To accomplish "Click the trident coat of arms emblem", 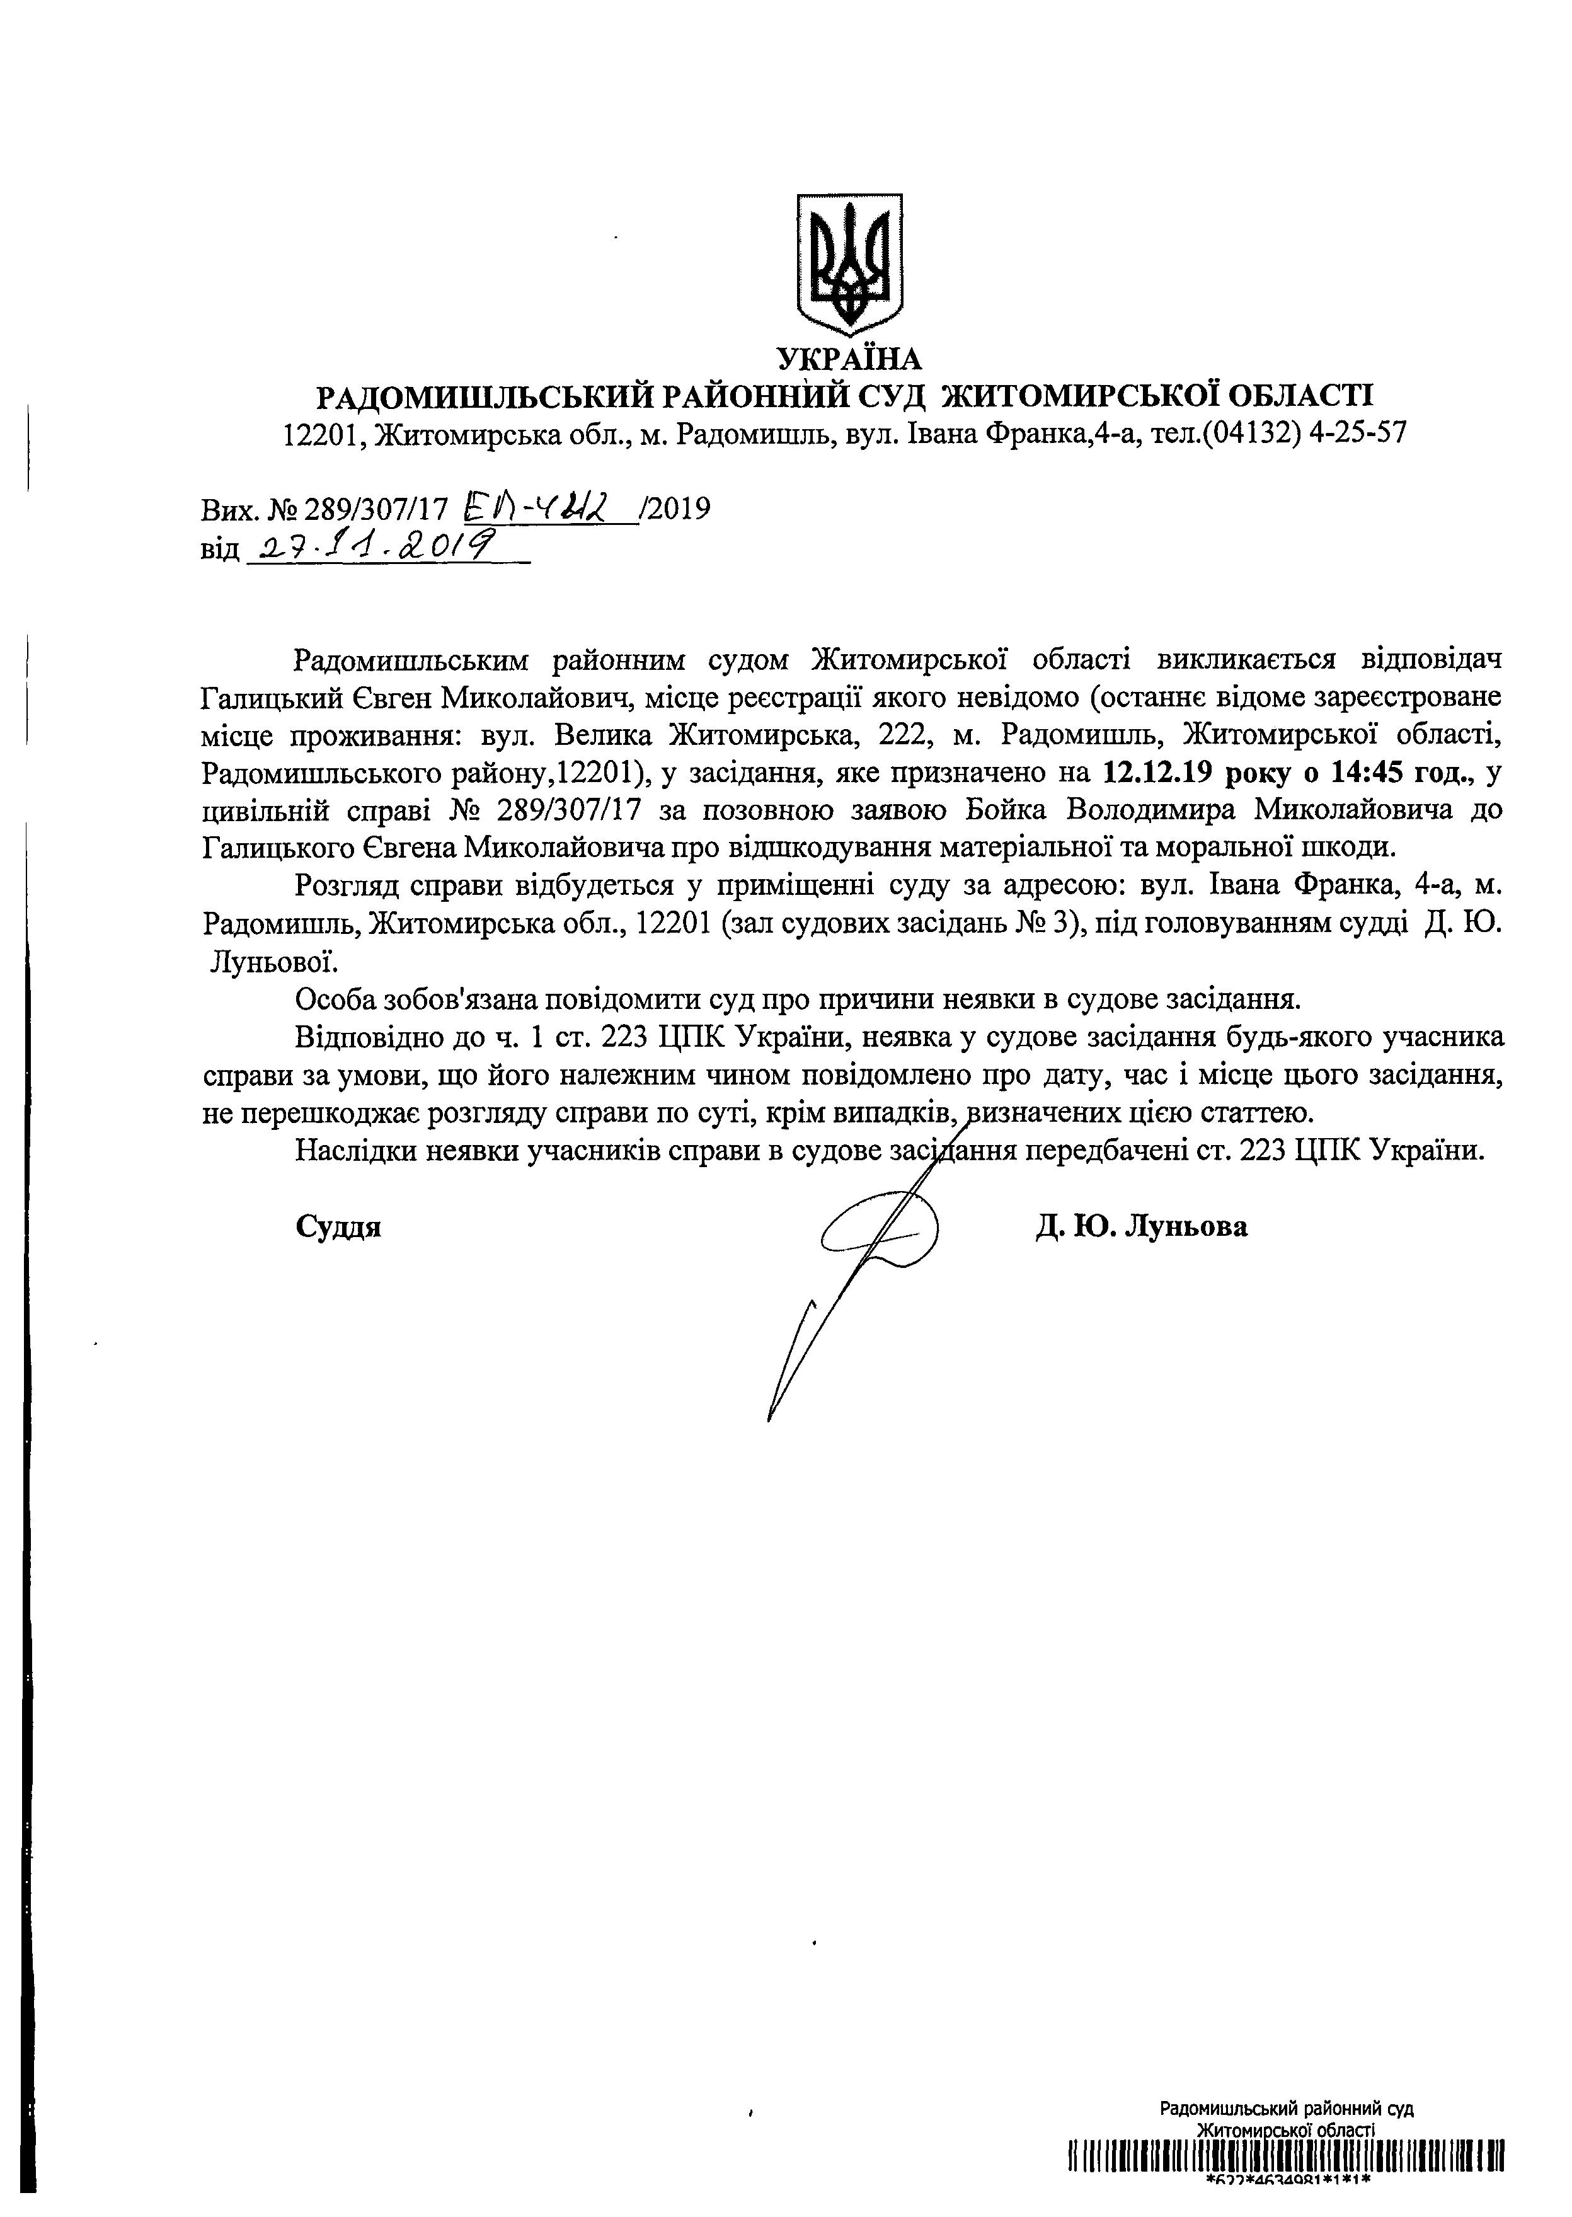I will (849, 262).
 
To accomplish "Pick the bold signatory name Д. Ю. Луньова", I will (1141, 1228).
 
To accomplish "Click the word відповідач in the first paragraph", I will (1431, 660).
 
